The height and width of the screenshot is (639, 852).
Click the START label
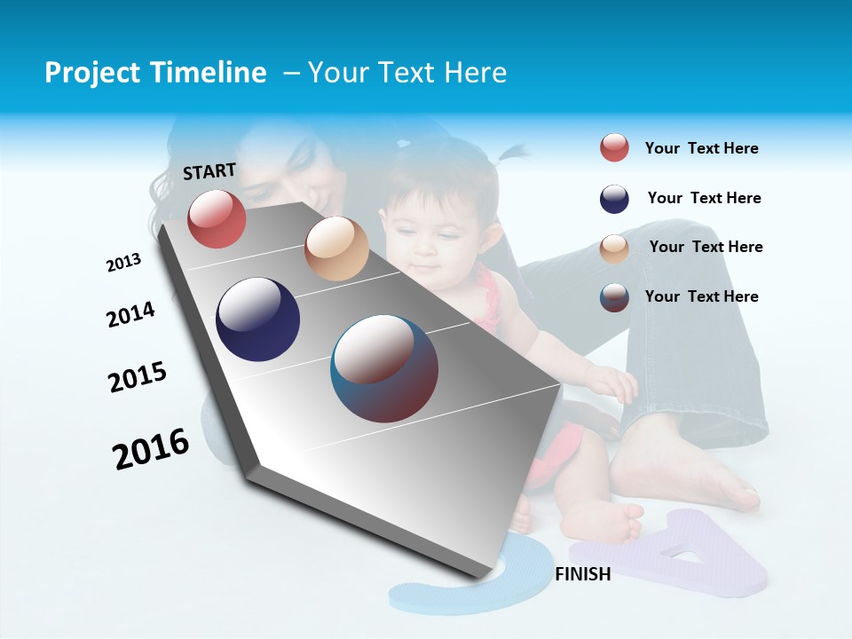209,171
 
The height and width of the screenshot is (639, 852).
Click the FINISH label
582,574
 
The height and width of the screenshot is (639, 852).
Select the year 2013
123,263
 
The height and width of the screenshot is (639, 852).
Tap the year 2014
130,314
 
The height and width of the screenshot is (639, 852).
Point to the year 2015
138,377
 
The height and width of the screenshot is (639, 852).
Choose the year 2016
151,448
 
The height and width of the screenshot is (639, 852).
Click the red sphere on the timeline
217,218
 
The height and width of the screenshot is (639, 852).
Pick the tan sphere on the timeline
336,248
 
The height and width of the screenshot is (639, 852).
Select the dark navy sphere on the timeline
257,319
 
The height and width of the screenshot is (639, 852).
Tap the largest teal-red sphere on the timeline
384,368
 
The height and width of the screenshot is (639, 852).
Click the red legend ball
614,148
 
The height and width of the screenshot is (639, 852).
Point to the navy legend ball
614,199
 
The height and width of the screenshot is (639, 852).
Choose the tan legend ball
614,248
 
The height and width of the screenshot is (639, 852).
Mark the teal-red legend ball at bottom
614,297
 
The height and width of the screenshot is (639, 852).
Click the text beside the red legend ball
701,149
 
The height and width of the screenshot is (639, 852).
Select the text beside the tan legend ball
706,247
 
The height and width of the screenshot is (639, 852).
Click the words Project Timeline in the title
155,73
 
